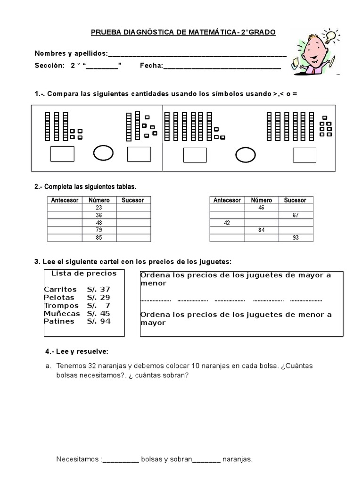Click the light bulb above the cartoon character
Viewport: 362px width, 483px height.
click(x=330, y=36)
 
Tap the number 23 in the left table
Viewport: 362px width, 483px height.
click(x=99, y=208)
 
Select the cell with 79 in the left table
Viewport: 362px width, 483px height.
click(x=99, y=230)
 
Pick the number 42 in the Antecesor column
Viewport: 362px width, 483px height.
click(x=227, y=223)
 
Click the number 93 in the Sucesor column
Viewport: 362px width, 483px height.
click(x=295, y=238)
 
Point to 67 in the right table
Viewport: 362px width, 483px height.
click(x=295, y=215)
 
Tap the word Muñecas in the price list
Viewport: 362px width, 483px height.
click(x=62, y=313)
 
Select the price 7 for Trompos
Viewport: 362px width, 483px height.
click(x=108, y=305)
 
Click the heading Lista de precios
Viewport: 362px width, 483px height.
click(x=84, y=273)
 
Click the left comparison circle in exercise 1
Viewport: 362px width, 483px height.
click(x=103, y=153)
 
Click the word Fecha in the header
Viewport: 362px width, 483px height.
click(x=151, y=66)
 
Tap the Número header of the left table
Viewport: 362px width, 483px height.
click(x=99, y=200)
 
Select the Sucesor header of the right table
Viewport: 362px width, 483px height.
click(x=295, y=200)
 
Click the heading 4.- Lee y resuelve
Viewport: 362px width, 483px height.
click(x=77, y=351)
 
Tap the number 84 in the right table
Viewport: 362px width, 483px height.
click(x=261, y=230)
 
